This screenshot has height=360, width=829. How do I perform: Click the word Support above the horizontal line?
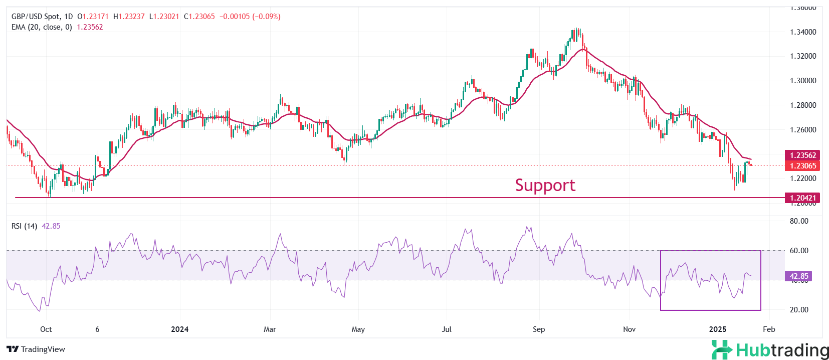click(x=545, y=186)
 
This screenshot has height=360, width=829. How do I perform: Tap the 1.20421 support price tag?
click(x=803, y=198)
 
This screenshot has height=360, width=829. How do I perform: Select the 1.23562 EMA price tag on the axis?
click(x=803, y=155)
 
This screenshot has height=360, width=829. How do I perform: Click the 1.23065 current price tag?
click(x=803, y=166)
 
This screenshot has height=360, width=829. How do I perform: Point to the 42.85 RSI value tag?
click(x=798, y=276)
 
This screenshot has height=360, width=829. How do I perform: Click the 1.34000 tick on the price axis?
click(x=803, y=32)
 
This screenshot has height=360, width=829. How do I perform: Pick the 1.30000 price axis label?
click(x=803, y=81)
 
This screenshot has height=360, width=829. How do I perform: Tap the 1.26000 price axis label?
click(x=803, y=130)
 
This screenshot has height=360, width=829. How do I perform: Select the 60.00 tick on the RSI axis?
click(x=799, y=251)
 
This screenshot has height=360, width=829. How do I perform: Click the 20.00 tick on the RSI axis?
click(x=799, y=310)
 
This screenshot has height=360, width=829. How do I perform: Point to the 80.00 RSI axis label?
click(x=799, y=221)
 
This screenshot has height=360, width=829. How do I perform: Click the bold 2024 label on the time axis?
click(x=179, y=329)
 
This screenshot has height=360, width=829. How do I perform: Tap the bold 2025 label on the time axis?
click(x=718, y=329)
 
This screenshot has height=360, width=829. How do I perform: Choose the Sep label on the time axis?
click(x=539, y=329)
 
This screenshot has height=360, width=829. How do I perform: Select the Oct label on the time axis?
click(x=46, y=329)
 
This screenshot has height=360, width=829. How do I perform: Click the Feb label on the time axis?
click(x=769, y=329)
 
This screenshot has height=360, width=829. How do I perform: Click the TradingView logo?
click(x=36, y=349)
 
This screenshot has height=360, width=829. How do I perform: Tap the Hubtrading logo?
click(x=770, y=350)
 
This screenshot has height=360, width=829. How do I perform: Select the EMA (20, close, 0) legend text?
click(x=42, y=27)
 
